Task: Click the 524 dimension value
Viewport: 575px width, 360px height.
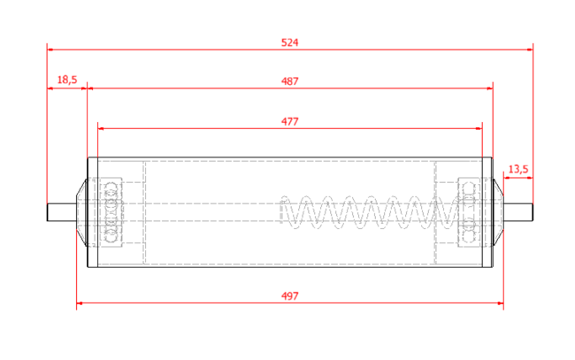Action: pos(289,42)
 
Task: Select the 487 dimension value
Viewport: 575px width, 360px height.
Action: pos(289,81)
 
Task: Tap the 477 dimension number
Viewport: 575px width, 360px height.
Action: pos(289,121)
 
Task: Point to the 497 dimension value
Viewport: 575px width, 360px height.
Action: pos(289,295)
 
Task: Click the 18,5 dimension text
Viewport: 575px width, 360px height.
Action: pos(67,80)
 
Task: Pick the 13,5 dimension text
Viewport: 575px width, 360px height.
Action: pos(518,169)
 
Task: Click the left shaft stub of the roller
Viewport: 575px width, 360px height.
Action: pos(62,212)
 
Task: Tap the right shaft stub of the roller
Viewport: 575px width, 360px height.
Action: pos(518,212)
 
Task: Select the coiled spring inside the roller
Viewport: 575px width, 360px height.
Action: pos(370,212)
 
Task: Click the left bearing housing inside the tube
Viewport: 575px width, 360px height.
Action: pos(111,212)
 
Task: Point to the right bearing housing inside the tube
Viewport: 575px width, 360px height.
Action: pos(469,212)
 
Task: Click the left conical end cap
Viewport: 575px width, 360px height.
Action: pos(81,212)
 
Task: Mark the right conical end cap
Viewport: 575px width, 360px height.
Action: pos(498,212)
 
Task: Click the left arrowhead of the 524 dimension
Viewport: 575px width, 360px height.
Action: pos(50,50)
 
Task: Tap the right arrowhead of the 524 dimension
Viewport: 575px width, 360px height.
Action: pos(530,50)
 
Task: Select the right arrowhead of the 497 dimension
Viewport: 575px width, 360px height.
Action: pos(500,303)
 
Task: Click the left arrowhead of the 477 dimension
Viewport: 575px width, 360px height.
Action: pos(102,128)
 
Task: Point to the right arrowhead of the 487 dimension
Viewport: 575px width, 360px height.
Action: pos(489,88)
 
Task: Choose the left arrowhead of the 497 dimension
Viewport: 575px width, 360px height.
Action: pos(80,303)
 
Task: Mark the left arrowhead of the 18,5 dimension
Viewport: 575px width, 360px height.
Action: pos(50,88)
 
